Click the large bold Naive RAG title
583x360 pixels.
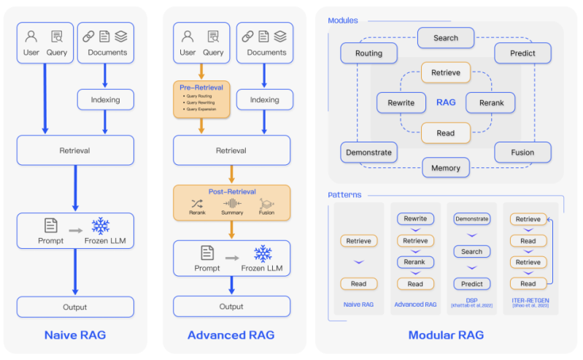point(75,335)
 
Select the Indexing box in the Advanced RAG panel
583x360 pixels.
point(264,100)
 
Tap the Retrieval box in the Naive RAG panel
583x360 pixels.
point(75,150)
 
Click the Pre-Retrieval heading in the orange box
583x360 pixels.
point(201,87)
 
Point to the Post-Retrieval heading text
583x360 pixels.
point(231,192)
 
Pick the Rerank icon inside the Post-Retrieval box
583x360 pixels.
point(197,204)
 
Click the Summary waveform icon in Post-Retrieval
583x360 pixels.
point(232,204)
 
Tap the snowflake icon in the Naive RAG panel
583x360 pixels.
point(100,226)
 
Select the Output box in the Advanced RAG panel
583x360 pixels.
point(231,307)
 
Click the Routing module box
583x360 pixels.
point(369,53)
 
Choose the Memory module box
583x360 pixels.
point(445,168)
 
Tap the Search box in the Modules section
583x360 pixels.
point(445,38)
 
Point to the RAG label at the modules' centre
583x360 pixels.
point(445,102)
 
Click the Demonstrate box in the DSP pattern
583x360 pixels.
point(471,218)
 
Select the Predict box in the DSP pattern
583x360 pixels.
point(471,283)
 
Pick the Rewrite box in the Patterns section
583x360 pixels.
point(415,218)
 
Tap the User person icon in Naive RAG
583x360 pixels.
point(31,37)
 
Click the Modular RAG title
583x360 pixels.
point(445,335)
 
